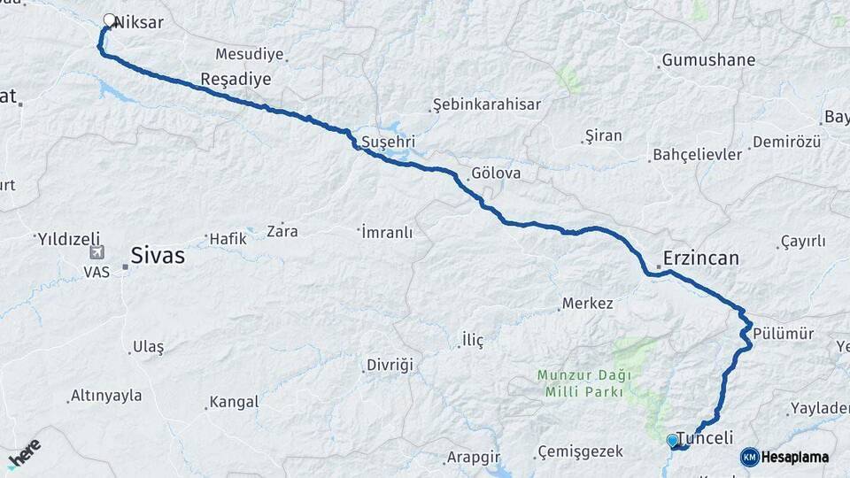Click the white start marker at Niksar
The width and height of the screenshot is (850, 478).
pyautogui.click(x=110, y=19)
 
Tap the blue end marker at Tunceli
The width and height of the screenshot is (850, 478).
pyautogui.click(x=672, y=439)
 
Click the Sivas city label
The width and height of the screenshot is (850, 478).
pyautogui.click(x=158, y=256)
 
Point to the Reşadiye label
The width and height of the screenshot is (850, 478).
pyautogui.click(x=236, y=79)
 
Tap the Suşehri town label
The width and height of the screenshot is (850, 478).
pyautogui.click(x=388, y=142)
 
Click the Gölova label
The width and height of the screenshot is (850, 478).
pyautogui.click(x=496, y=174)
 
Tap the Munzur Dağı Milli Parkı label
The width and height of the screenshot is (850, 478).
pyautogui.click(x=581, y=382)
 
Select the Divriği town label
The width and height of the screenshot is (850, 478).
pyautogui.click(x=388, y=365)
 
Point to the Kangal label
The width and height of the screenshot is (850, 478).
pyautogui.click(x=234, y=402)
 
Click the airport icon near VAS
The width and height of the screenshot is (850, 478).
pyautogui.click(x=96, y=253)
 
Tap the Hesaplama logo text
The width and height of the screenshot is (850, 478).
pyautogui.click(x=794, y=457)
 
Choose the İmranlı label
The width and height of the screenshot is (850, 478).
pyautogui.click(x=387, y=232)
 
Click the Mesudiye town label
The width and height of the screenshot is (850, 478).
pyautogui.click(x=249, y=54)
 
